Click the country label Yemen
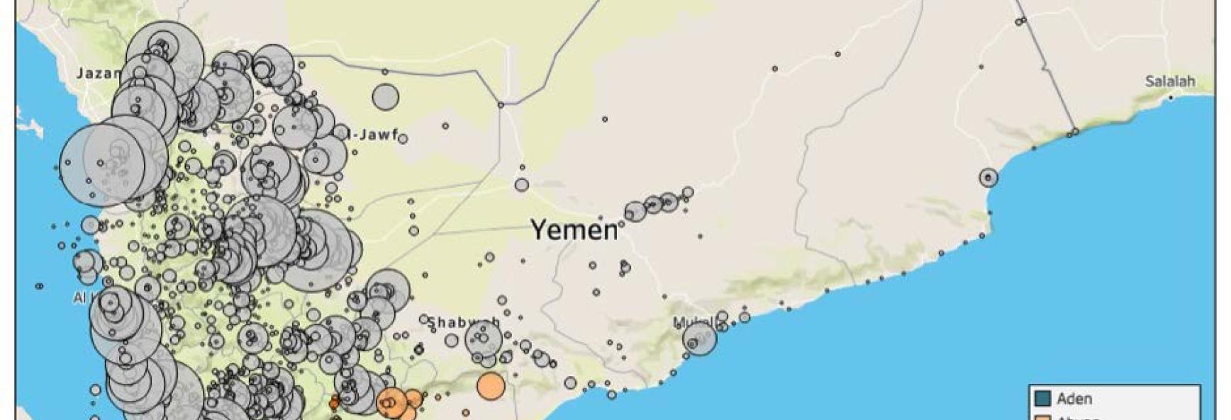click(574, 229)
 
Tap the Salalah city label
click(1170, 81)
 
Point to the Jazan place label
click(99, 73)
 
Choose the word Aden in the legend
click(1074, 399)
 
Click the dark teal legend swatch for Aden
click(1042, 399)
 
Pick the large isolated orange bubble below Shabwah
click(491, 386)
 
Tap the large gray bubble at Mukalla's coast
click(700, 339)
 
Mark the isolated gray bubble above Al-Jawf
click(386, 97)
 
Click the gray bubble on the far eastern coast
click(988, 177)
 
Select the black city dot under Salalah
click(1171, 98)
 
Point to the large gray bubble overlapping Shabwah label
click(484, 338)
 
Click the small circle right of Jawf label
click(403, 139)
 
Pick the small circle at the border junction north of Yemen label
click(501, 105)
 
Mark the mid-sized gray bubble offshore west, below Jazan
click(90, 225)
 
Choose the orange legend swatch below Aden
click(1042, 417)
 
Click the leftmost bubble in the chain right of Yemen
click(635, 211)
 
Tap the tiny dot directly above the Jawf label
click(385, 72)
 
